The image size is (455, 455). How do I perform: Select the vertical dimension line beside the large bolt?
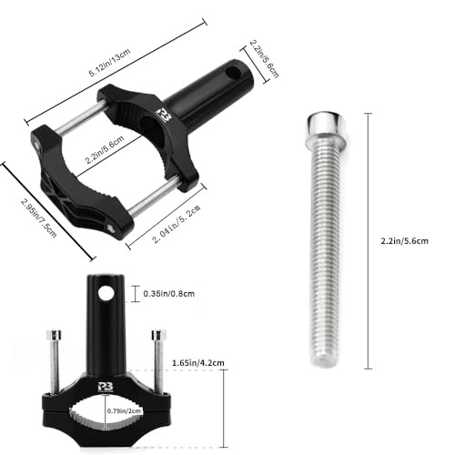click(369, 240)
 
